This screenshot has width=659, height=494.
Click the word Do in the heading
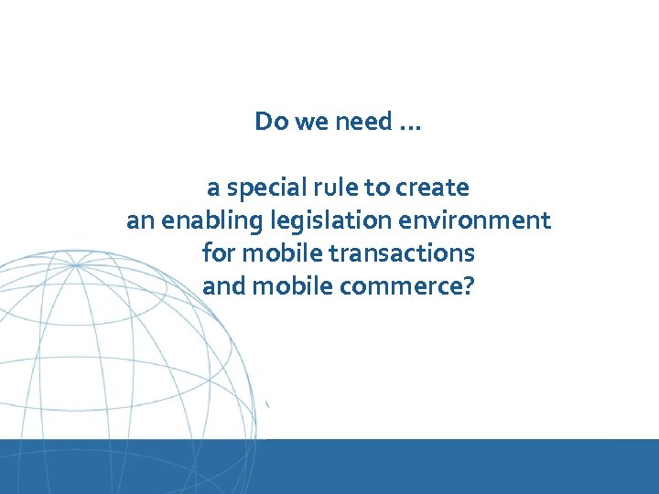pyautogui.click(x=269, y=122)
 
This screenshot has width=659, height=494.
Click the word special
pyautogui.click(x=259, y=188)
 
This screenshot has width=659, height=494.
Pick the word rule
pyautogui.click(x=329, y=188)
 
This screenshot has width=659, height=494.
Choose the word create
pyautogui.click(x=432, y=188)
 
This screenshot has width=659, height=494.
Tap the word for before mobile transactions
pyautogui.click(x=218, y=253)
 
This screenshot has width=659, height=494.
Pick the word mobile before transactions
pyautogui.click(x=274, y=253)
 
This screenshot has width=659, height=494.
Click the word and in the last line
pyautogui.click(x=223, y=286)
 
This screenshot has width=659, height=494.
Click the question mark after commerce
pyautogui.click(x=469, y=286)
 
